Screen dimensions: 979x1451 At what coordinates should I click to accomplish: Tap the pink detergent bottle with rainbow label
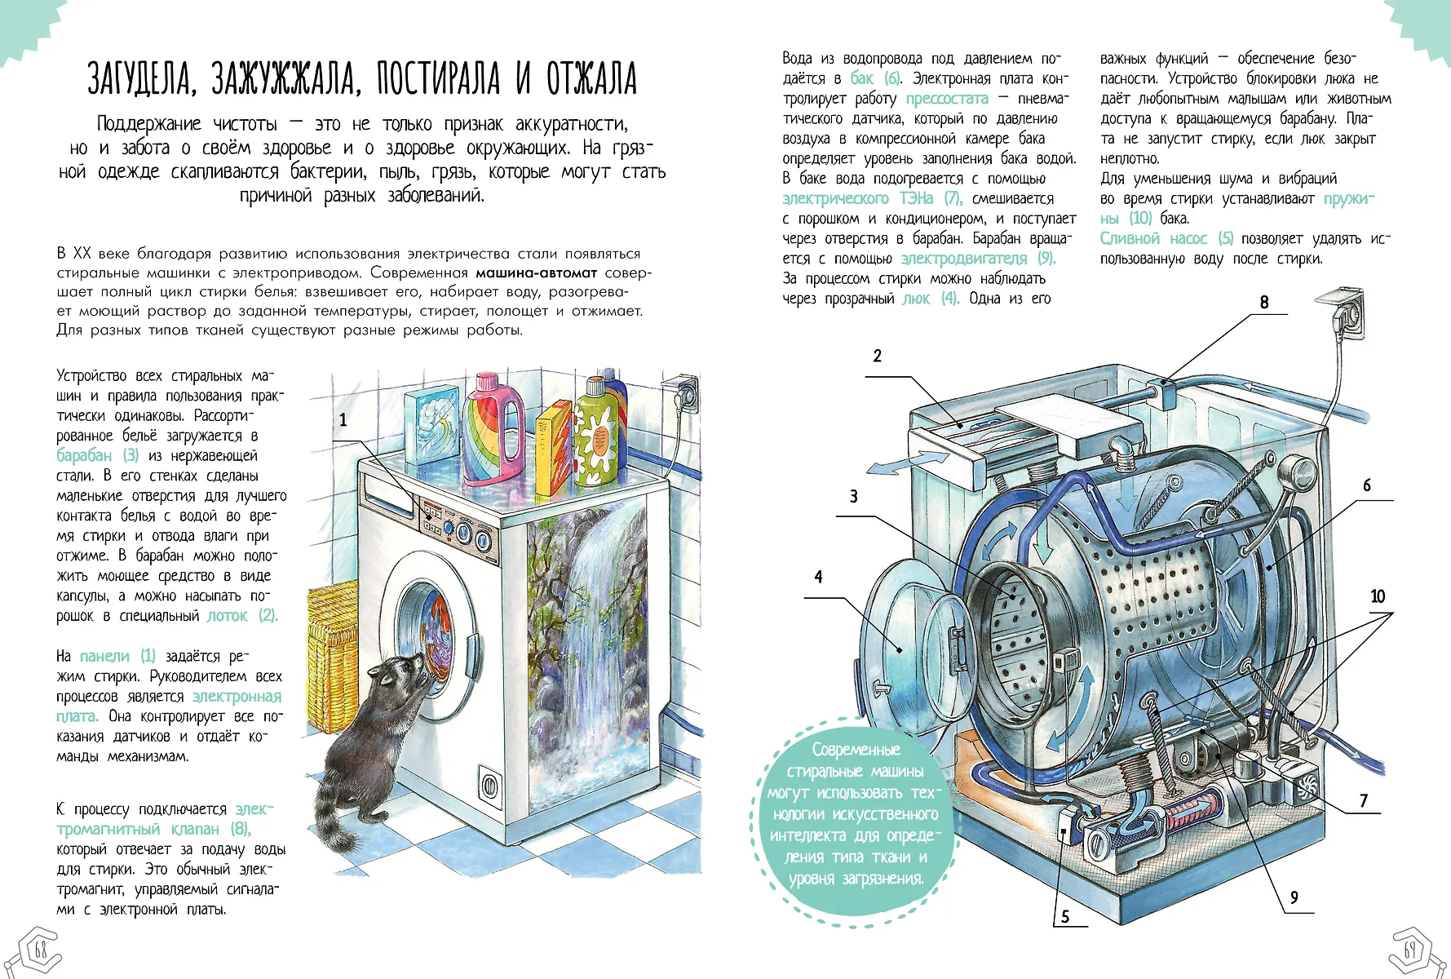click(x=493, y=432)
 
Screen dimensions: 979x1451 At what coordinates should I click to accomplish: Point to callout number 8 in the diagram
click(x=1264, y=303)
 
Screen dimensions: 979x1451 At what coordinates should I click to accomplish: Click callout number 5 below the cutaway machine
click(x=1064, y=917)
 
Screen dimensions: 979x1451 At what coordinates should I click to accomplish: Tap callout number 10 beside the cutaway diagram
click(x=1378, y=596)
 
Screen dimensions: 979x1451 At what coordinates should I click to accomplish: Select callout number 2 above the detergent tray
click(x=878, y=356)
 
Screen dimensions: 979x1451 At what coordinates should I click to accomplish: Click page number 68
click(x=40, y=950)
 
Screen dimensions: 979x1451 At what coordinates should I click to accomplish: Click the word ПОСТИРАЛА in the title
click(x=438, y=79)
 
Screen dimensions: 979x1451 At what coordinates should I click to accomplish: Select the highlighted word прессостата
click(x=946, y=99)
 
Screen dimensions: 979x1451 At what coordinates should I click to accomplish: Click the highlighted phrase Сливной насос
click(x=1152, y=238)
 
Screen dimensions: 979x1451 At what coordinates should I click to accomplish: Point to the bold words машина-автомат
click(x=536, y=272)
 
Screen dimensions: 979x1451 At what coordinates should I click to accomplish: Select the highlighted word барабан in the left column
click(x=84, y=455)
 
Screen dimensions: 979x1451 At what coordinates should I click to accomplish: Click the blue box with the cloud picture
click(x=431, y=425)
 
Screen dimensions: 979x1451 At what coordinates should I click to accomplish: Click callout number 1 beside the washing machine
click(x=343, y=419)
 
